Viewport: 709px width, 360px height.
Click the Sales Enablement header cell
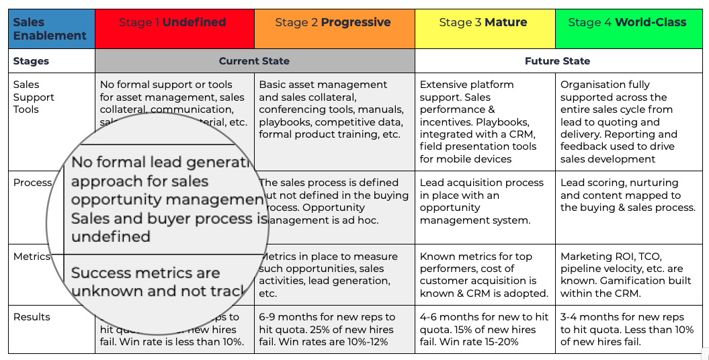click(51, 29)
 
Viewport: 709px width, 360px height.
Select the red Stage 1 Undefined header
click(174, 29)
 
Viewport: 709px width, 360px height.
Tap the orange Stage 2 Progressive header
click(334, 29)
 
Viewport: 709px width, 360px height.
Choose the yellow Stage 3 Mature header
click(485, 29)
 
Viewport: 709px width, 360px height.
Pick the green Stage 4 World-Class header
click(628, 29)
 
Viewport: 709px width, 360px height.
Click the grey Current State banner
click(255, 61)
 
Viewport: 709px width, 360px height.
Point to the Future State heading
click(557, 61)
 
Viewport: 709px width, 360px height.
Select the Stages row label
click(32, 61)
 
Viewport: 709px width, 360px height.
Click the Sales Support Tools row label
click(34, 97)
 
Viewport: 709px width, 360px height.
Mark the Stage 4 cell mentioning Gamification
click(628, 275)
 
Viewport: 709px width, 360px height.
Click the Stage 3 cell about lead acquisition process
click(485, 201)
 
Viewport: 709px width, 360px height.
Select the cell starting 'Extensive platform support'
click(485, 122)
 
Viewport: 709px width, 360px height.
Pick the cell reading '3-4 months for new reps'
click(628, 329)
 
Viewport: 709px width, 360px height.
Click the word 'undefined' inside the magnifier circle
click(111, 236)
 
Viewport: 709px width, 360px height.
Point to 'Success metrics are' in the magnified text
click(146, 273)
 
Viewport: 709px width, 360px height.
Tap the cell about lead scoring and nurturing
click(628, 195)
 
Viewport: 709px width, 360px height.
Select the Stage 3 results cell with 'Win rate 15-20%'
click(485, 329)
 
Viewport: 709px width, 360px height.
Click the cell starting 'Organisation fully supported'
click(628, 122)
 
